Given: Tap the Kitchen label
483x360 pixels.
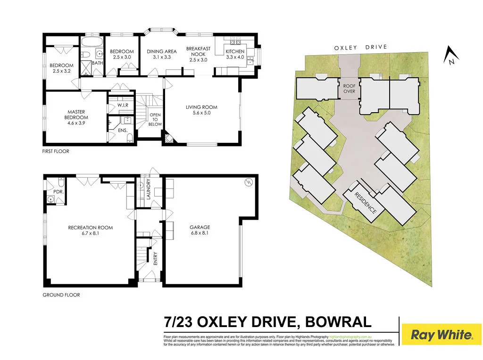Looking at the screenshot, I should tap(235, 51).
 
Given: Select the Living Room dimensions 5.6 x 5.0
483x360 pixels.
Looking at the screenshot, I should tap(201, 113).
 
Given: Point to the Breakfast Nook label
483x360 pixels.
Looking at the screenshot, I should tap(198, 51).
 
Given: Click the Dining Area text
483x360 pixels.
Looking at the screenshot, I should tap(161, 51).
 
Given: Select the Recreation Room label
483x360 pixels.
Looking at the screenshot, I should tap(91, 228).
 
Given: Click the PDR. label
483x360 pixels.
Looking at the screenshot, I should tap(58, 192).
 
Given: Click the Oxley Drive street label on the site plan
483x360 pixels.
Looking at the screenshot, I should tap(360, 47).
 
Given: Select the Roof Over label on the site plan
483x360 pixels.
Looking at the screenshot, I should tap(349, 89).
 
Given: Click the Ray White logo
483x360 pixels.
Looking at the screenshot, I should tap(441, 335).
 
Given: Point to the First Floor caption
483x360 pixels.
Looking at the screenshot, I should tap(56, 151).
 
